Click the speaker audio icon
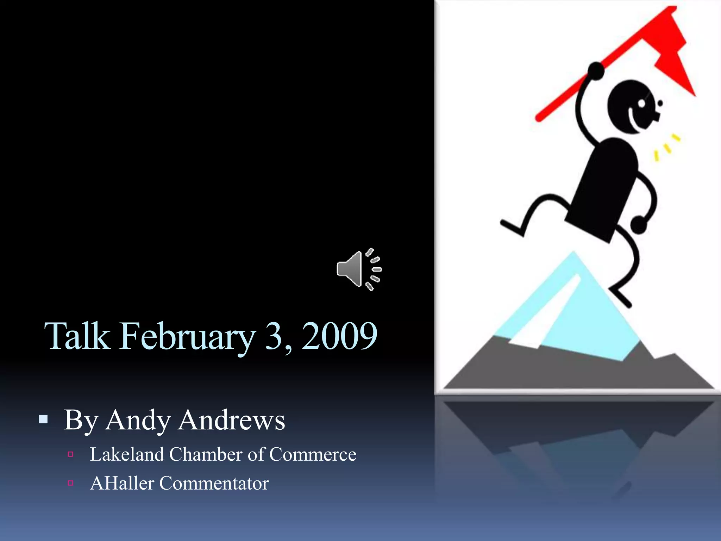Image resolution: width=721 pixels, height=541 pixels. point(358,269)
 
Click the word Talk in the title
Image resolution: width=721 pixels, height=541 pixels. point(77,336)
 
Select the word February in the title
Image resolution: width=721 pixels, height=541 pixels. point(187,336)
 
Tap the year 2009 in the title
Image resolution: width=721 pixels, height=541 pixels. point(339,336)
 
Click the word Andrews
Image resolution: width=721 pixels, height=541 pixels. point(231,421)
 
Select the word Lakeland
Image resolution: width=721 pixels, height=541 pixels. point(127,454)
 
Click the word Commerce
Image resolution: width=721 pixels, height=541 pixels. point(313,454)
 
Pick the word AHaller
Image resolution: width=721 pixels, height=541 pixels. point(122,483)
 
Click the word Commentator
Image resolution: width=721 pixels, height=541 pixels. point(214,483)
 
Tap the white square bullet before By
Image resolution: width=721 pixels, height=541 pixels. point(43,419)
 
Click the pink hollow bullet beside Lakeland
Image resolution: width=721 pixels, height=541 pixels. point(70,454)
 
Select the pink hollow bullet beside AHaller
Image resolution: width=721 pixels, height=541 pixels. point(70,483)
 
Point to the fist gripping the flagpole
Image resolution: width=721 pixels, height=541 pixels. point(596,70)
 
